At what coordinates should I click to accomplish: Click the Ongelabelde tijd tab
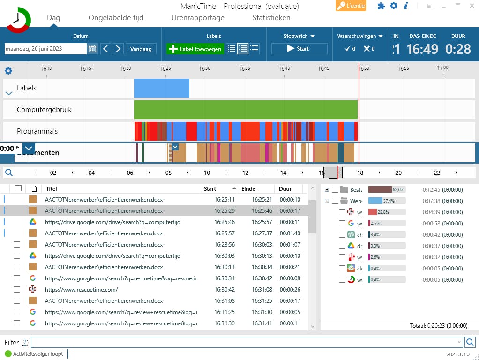pos(116,18)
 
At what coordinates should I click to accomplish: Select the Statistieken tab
pos(271,18)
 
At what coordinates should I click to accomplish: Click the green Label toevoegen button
pos(195,49)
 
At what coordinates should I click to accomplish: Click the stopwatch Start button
pos(299,49)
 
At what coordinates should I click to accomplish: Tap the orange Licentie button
pos(351,6)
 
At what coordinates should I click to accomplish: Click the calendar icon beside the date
pos(92,49)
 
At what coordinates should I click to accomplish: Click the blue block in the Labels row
pos(161,88)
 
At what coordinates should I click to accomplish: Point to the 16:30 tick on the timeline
pos(204,68)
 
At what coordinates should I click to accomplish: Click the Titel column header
pos(52,189)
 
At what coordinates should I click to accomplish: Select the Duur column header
pos(285,189)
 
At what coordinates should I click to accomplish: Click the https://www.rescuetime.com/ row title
pos(82,290)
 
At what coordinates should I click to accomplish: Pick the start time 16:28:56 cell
pos(225,245)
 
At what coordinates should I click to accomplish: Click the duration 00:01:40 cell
pos(290,233)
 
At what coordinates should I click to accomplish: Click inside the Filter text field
pos(246,342)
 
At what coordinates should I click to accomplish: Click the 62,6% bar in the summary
pos(386,190)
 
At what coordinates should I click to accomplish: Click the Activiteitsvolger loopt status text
pos(37,354)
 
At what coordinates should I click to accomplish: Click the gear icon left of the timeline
pos(8,71)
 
